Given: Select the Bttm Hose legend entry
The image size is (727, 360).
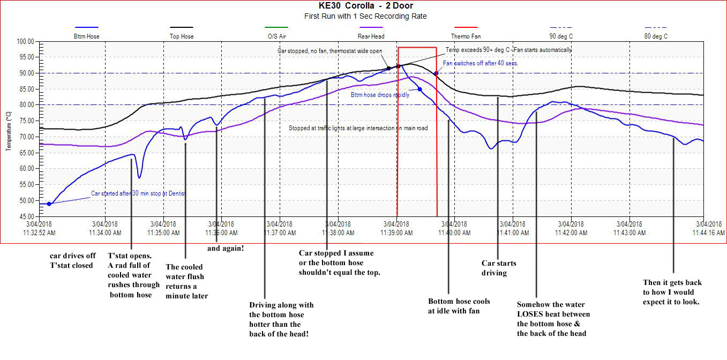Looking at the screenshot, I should click(x=86, y=36).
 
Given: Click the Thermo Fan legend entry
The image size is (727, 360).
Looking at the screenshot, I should click(x=465, y=36).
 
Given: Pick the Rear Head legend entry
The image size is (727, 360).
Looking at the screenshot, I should click(x=370, y=36).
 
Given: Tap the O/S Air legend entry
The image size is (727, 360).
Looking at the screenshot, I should click(x=276, y=36).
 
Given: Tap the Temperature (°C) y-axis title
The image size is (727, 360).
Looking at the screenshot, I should click(x=8, y=131).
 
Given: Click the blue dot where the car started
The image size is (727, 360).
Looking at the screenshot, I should click(x=49, y=204).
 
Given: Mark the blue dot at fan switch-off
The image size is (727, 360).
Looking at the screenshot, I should click(x=437, y=73).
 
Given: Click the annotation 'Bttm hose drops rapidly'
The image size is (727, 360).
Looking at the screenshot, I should click(x=380, y=95).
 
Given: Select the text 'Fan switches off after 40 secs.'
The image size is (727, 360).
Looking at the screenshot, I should click(x=481, y=63).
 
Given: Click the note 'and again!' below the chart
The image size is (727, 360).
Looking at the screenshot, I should click(x=226, y=248).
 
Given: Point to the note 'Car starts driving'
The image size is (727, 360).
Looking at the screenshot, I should click(x=499, y=268).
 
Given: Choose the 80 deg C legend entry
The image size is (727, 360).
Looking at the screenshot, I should click(x=656, y=36).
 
